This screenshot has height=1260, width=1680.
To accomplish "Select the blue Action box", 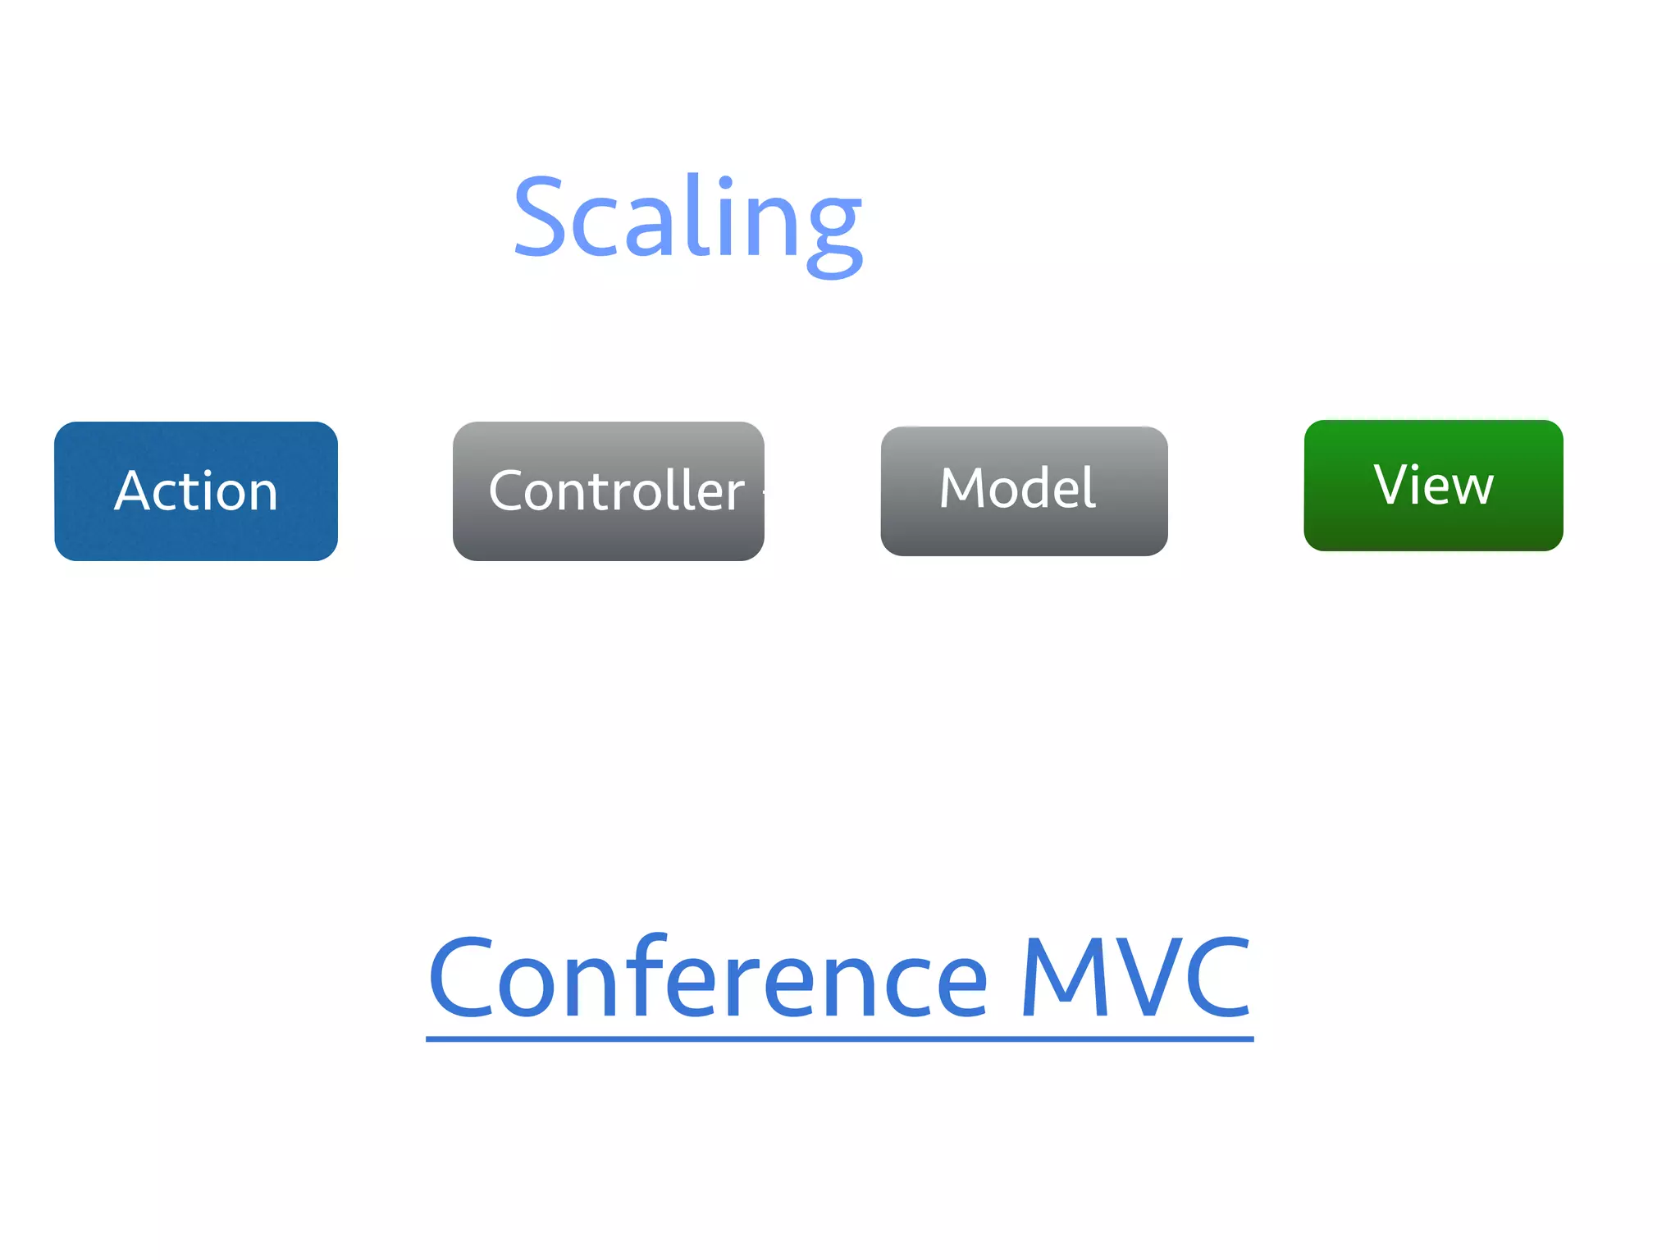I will pos(195,491).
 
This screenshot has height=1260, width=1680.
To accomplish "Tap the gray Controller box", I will pos(608,491).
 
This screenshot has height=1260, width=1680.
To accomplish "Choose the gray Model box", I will pos(1024,491).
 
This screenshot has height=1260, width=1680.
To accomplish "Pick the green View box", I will pos(1433,485).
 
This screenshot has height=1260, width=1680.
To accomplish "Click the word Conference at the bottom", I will pos(707,979).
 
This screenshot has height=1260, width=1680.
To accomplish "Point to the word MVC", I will pos(1135,979).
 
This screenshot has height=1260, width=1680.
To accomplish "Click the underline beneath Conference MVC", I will pos(839,1039).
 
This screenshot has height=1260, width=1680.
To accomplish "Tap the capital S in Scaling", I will pos(541,217).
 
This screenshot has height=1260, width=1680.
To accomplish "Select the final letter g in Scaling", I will pos(834,230).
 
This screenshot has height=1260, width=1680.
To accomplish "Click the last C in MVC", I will pos(1217,979).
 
